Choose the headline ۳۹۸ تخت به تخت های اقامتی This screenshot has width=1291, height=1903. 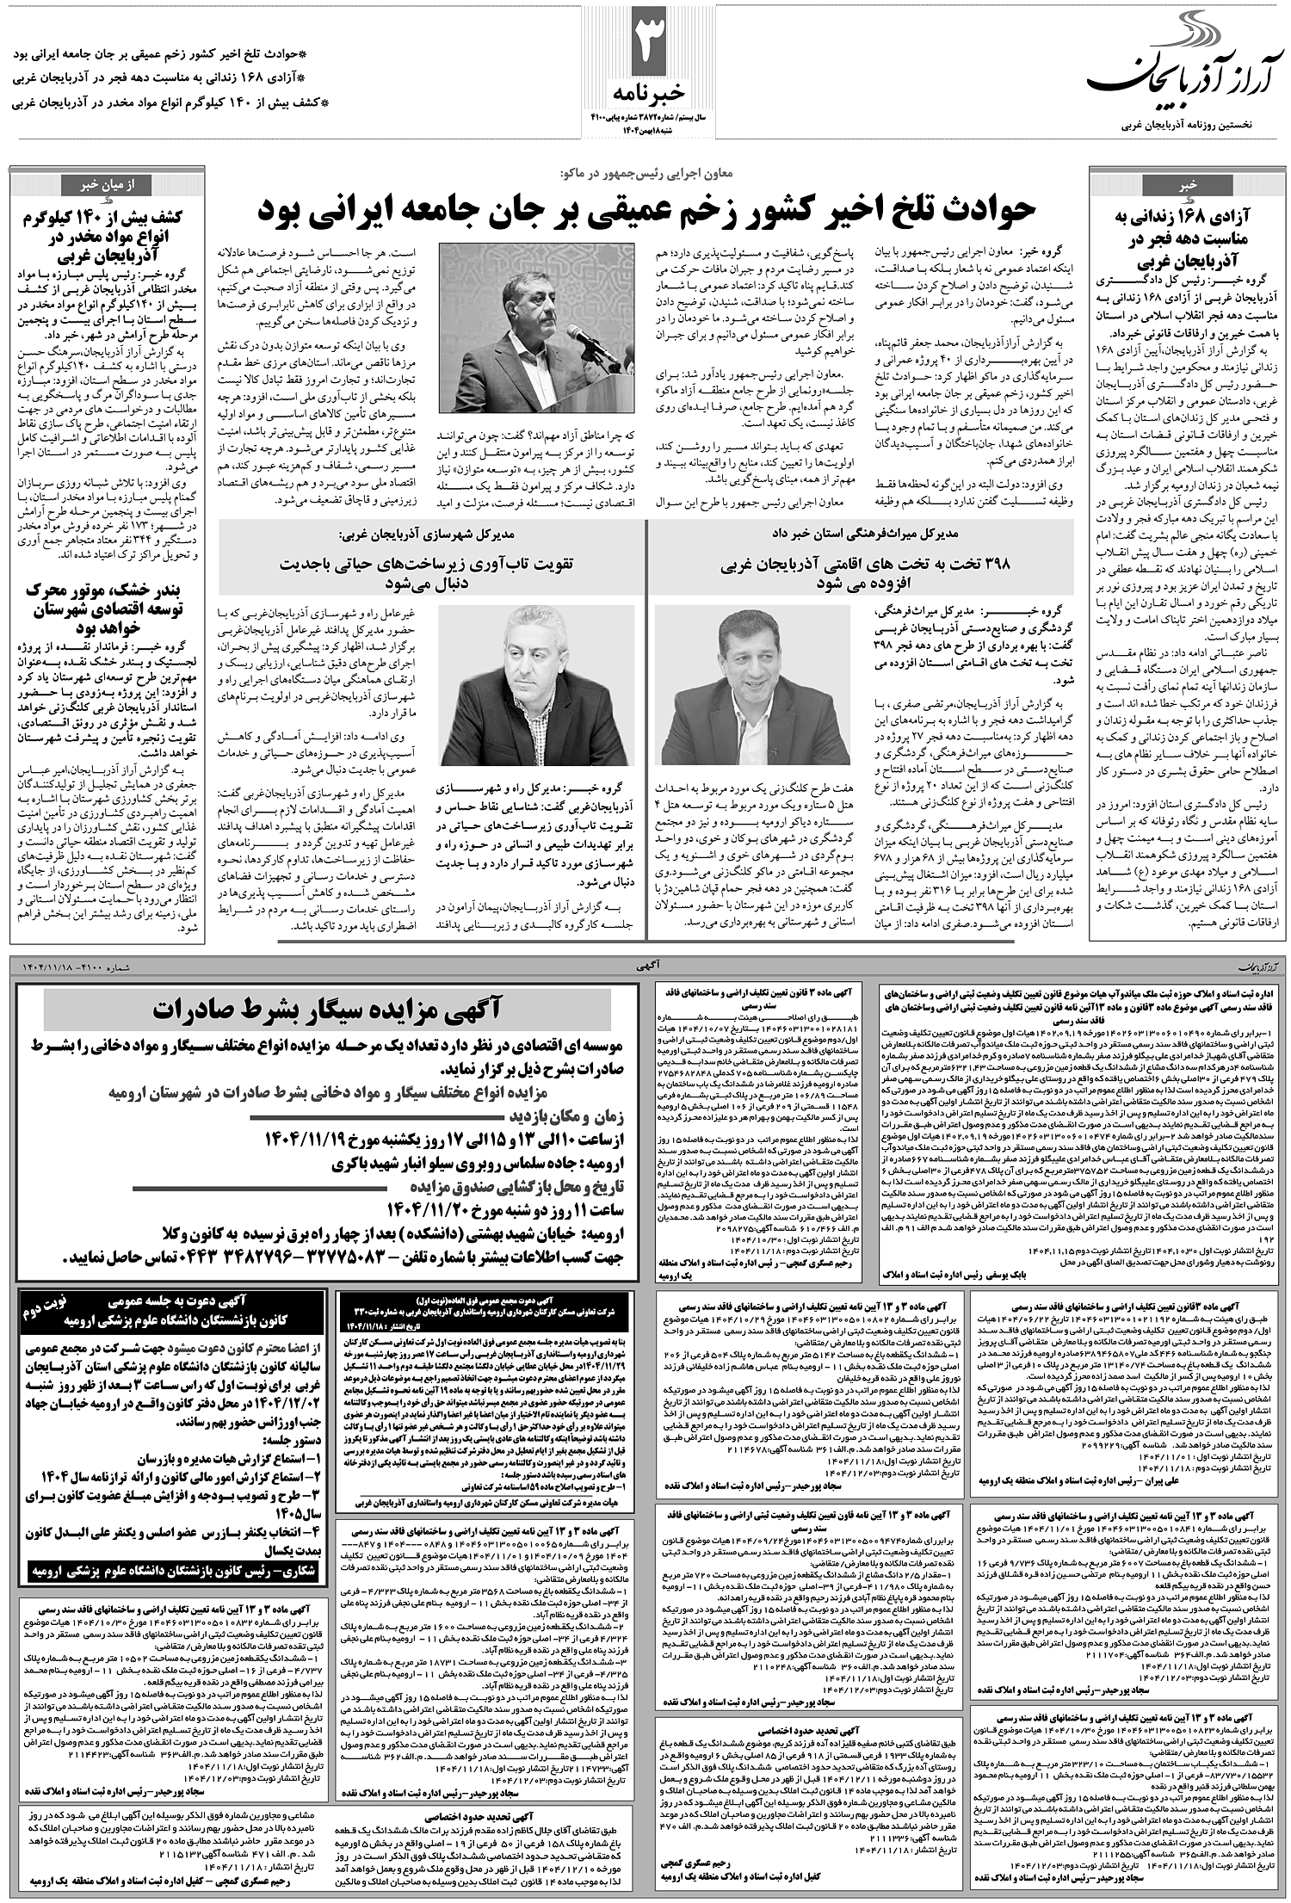(862, 572)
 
